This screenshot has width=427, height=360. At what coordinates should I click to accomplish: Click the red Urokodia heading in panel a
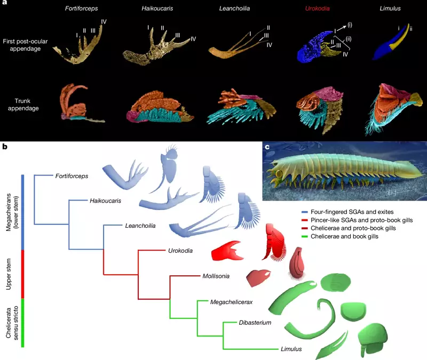317,9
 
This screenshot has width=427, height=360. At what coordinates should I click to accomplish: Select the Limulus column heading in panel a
390,9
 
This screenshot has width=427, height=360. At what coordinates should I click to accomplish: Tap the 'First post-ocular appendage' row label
25,45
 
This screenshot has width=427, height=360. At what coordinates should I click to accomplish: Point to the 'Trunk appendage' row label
23,105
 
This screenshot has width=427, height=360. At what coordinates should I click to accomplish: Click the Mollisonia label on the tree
216,276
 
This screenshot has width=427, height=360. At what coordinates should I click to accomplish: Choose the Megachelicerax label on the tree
231,302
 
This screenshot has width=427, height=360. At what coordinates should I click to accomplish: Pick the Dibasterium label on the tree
255,323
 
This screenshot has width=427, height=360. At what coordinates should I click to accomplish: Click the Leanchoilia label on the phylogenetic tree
140,226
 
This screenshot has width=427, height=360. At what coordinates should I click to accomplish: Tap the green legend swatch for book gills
305,237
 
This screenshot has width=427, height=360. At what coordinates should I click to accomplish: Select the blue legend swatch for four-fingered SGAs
305,212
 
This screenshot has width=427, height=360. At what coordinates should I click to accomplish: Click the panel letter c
267,147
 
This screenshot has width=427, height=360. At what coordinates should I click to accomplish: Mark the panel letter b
5,147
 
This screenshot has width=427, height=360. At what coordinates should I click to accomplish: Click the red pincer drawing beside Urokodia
228,251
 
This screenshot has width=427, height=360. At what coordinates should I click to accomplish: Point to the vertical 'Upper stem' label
9,274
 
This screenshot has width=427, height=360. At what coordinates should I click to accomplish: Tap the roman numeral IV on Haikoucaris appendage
193,39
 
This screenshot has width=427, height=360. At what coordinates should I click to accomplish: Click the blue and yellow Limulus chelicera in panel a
391,42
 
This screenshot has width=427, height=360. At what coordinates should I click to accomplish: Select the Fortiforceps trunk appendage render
81,103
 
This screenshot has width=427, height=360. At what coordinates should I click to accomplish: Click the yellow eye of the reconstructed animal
278,174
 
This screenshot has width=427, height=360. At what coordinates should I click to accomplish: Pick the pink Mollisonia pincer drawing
258,278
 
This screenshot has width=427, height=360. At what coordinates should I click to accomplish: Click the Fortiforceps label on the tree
72,177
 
